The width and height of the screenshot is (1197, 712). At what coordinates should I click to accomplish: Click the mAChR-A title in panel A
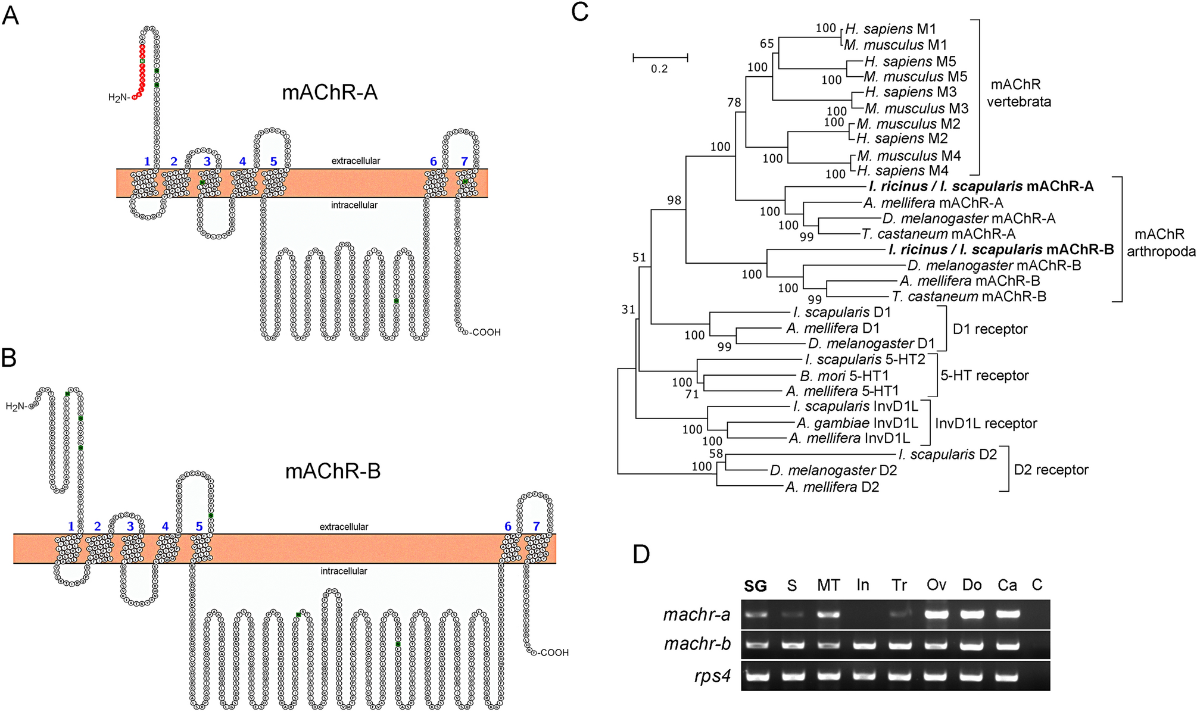(x=329, y=92)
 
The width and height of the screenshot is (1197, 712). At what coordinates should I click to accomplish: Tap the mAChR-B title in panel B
(x=332, y=471)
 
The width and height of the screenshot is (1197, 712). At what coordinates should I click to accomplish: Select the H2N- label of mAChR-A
(x=119, y=98)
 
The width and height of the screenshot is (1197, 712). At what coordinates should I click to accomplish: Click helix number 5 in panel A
(x=273, y=161)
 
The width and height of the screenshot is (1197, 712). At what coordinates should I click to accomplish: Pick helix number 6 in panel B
(x=507, y=526)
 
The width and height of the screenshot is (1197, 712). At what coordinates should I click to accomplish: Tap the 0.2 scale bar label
(x=659, y=69)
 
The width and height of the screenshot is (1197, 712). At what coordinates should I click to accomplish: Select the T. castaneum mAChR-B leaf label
(x=968, y=296)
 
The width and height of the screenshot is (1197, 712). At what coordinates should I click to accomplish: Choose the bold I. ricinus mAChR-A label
(x=981, y=186)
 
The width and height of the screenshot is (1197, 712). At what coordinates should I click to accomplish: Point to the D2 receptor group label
(x=1051, y=470)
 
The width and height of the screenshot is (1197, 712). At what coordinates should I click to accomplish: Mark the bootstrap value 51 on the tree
(x=639, y=257)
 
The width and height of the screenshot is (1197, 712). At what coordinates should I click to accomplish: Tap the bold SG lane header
(x=755, y=586)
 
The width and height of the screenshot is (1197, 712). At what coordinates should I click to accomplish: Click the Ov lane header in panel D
(x=936, y=585)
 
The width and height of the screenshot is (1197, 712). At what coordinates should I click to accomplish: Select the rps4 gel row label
(x=712, y=677)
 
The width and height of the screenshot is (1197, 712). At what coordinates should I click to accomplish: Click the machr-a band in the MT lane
(x=828, y=613)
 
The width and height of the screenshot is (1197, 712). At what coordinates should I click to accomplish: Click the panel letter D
(x=641, y=554)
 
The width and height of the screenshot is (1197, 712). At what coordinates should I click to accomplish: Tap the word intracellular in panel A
(x=354, y=205)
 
